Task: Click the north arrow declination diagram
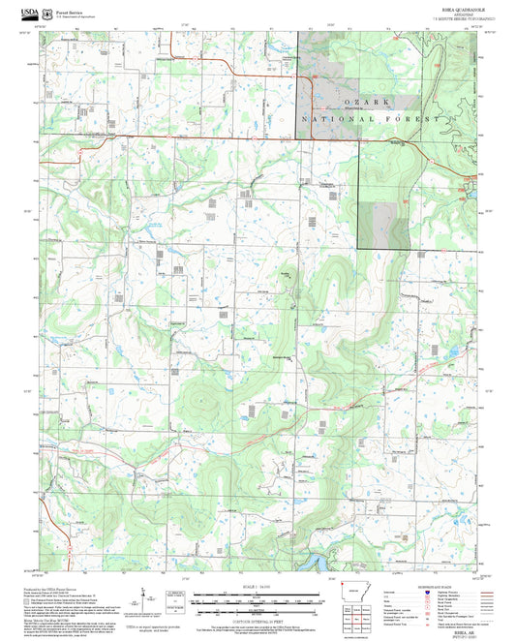[x=142, y=595]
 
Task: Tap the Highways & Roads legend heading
[x=450, y=584]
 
